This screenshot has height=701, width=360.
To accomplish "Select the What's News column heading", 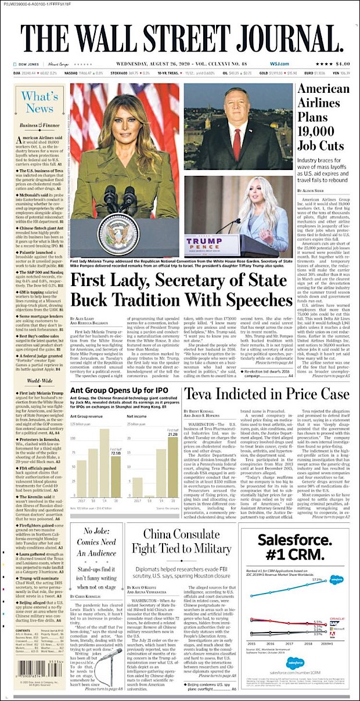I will pyautogui.click(x=39, y=102).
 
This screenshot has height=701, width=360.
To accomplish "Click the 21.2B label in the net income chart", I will pyautogui.click(x=172, y=433).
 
